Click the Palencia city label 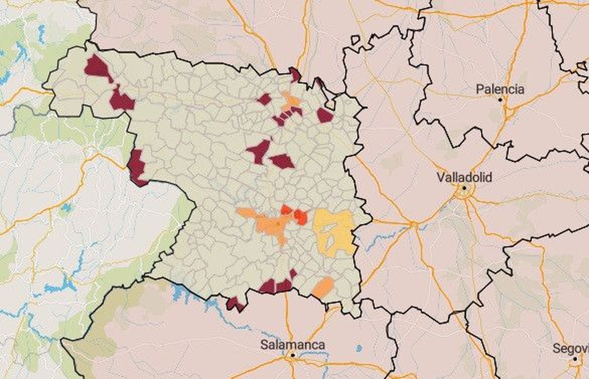click(x=500, y=89)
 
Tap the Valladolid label click(x=464, y=178)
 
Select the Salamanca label click(x=293, y=345)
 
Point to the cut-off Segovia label click(x=571, y=348)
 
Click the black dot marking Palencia click(x=500, y=100)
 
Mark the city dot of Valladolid click(x=464, y=188)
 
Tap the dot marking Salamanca click(x=293, y=355)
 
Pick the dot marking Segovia click(x=575, y=358)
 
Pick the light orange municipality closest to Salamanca click(x=323, y=287)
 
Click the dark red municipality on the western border click(x=137, y=167)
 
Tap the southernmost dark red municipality click(x=234, y=304)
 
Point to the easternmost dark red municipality click(x=324, y=115)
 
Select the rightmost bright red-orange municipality click(x=300, y=217)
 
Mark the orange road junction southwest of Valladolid click(x=413, y=224)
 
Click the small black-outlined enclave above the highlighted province click(x=356, y=40)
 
